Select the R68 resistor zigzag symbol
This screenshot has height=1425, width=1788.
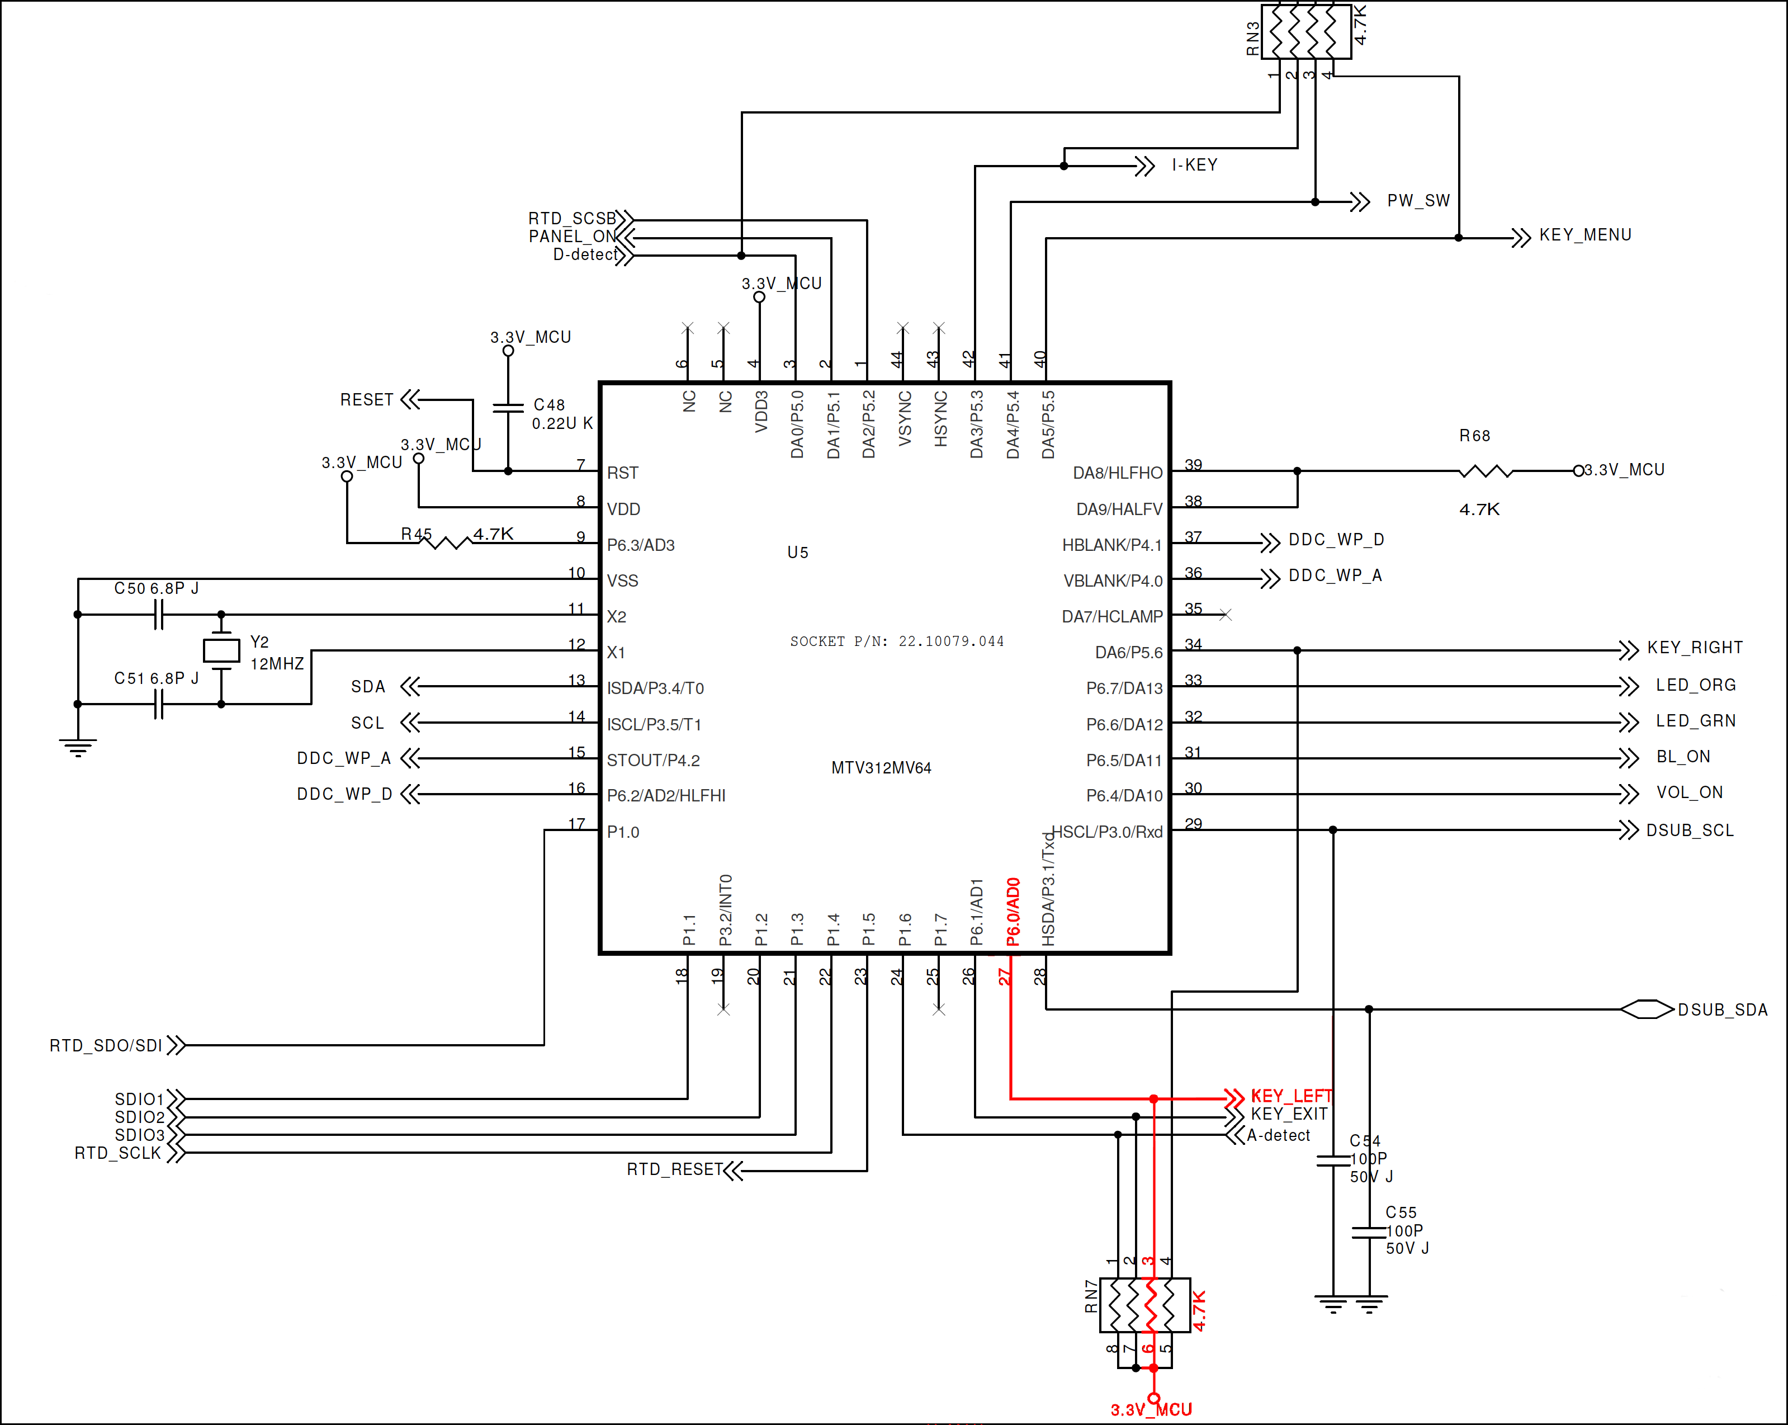point(1486,471)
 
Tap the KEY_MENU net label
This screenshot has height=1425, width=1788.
point(1585,235)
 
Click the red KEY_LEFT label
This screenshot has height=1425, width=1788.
point(1290,1096)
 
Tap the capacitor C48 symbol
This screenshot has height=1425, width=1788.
point(508,407)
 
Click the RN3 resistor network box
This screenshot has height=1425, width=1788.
point(1306,31)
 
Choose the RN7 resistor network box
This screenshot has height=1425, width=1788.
point(1145,1305)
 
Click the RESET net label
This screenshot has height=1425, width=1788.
point(367,400)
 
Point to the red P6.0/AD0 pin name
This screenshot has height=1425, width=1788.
point(1013,912)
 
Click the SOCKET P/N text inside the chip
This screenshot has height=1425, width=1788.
point(896,641)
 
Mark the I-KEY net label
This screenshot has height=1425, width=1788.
point(1194,165)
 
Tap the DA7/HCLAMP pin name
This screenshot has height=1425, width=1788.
point(1111,616)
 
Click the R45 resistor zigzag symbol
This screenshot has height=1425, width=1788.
point(447,542)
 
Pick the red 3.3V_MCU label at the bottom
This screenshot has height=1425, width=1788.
point(1151,1409)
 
